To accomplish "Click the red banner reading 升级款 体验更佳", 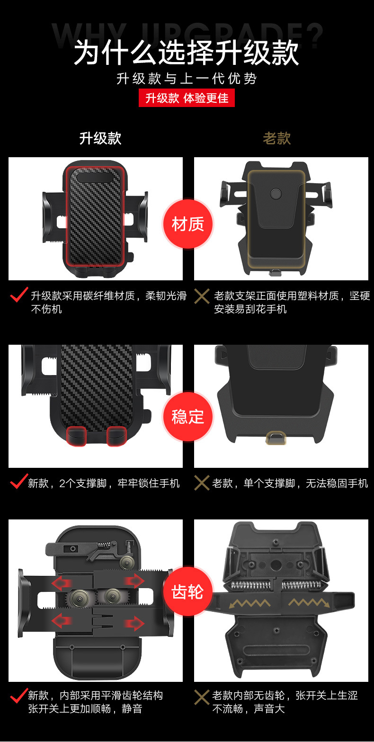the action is click(x=187, y=98).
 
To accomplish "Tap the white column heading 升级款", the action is click(x=100, y=138).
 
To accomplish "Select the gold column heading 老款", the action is click(x=276, y=138).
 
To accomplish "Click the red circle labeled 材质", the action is click(x=188, y=224).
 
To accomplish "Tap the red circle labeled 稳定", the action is click(x=188, y=416).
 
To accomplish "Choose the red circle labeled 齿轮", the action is click(x=188, y=591).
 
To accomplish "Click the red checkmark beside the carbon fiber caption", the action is click(x=19, y=295).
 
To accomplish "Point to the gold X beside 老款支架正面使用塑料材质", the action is click(x=202, y=296).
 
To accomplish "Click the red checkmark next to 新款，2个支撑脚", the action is click(x=19, y=481).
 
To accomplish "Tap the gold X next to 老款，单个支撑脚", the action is click(x=202, y=483).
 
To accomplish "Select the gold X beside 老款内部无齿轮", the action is click(x=202, y=697).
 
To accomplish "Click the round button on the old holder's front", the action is click(x=276, y=194).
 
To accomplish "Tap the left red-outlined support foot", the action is click(x=77, y=436).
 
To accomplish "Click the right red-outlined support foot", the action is click(x=116, y=436).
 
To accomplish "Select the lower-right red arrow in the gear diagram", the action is click(x=134, y=624).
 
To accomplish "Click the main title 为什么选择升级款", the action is click(x=187, y=53).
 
